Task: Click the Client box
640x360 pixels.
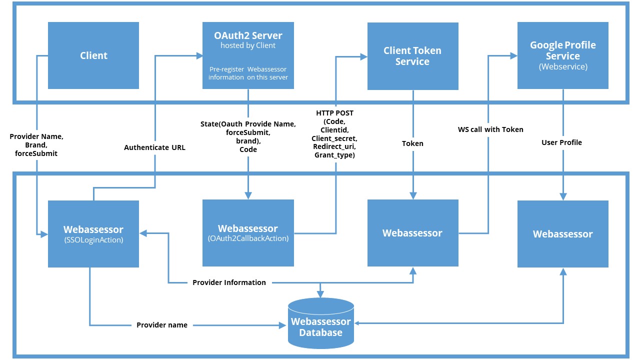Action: point(93,55)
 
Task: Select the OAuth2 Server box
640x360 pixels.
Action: point(248,55)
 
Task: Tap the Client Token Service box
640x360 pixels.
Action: point(412,55)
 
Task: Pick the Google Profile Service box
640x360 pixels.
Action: point(562,55)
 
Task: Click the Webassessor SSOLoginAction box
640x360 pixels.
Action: point(93,233)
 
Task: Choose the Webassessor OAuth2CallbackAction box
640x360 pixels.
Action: point(248,233)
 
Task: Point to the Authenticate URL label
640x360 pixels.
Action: point(154,147)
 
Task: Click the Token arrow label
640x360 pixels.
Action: point(412,143)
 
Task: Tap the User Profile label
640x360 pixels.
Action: point(561,142)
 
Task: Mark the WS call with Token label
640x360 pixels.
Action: point(490,129)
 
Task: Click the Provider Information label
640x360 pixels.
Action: point(229,282)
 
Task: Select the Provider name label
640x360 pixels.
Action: point(162,325)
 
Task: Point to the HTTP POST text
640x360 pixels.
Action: point(334,113)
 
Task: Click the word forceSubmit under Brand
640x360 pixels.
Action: point(36,153)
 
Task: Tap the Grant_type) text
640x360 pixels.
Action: point(334,155)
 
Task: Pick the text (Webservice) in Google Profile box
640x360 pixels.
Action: point(562,66)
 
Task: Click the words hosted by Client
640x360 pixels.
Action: point(248,45)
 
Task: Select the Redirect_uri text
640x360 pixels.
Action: point(334,146)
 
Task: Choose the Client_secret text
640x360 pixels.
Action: point(334,138)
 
